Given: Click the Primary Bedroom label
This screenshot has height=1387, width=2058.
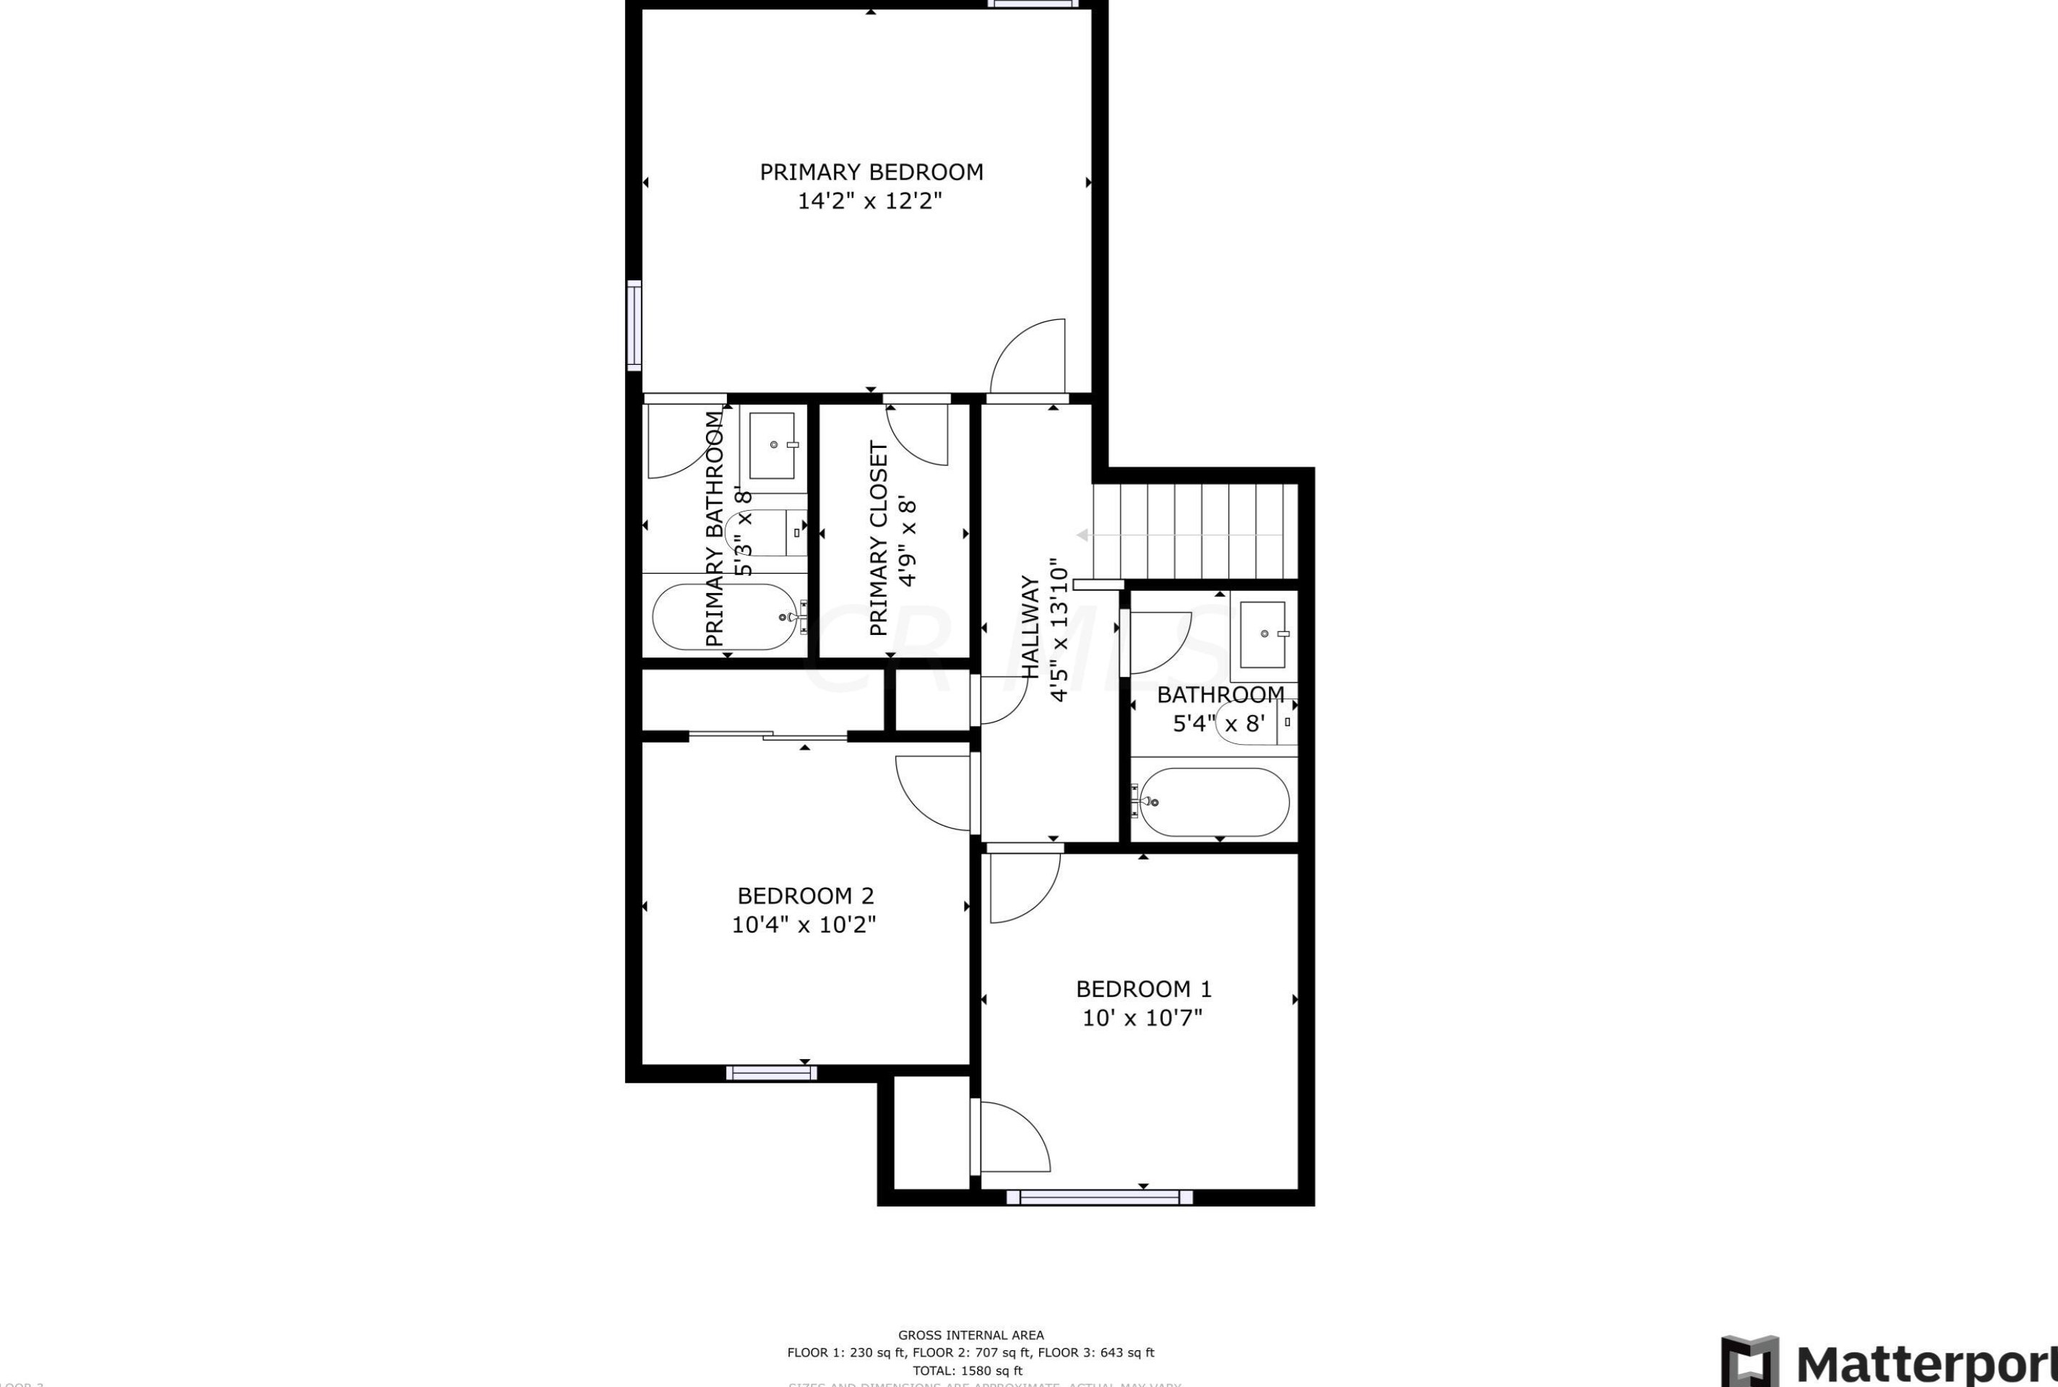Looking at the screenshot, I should [x=871, y=172].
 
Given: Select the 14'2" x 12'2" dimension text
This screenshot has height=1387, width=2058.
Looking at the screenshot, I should [x=870, y=202].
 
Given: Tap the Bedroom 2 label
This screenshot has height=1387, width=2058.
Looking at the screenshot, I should [x=805, y=896].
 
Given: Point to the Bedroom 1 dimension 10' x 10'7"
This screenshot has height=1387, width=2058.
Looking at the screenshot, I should [x=1142, y=1018].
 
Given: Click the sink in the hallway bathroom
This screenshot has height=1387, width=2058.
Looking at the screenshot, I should [x=1262, y=634].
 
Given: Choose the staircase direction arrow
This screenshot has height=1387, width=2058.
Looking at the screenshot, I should [x=1176, y=535].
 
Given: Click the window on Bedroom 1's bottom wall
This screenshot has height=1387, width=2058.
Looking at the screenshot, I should [x=1099, y=1198].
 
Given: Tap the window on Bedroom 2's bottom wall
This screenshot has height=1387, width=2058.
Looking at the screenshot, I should [x=770, y=1073].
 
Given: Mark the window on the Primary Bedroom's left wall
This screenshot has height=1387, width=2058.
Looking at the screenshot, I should [x=634, y=324].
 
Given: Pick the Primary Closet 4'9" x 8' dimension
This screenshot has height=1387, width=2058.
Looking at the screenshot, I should [x=908, y=541].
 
